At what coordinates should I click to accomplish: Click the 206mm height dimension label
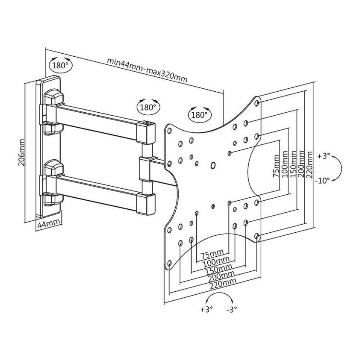tap(21, 152)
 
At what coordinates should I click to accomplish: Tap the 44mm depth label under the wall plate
tap(49, 223)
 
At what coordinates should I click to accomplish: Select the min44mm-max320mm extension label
tap(147, 70)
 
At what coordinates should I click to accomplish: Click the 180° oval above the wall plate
tap(60, 65)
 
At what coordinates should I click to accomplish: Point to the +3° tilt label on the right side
tap(324, 156)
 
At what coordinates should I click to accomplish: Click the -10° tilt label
tap(323, 180)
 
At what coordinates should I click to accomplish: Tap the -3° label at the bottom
tap(231, 310)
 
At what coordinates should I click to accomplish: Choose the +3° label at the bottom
tap(206, 310)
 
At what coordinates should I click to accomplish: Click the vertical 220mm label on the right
tap(310, 164)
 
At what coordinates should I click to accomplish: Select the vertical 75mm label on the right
tap(276, 166)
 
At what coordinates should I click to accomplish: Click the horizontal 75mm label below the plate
tap(212, 254)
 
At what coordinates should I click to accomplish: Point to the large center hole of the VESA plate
tap(213, 165)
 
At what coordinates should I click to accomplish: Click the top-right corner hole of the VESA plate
tap(257, 103)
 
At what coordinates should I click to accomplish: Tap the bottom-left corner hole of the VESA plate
tap(169, 263)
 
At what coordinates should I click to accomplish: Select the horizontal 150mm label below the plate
tap(218, 269)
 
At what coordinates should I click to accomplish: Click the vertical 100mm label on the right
tap(285, 164)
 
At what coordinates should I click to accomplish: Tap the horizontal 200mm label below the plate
tap(221, 276)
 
